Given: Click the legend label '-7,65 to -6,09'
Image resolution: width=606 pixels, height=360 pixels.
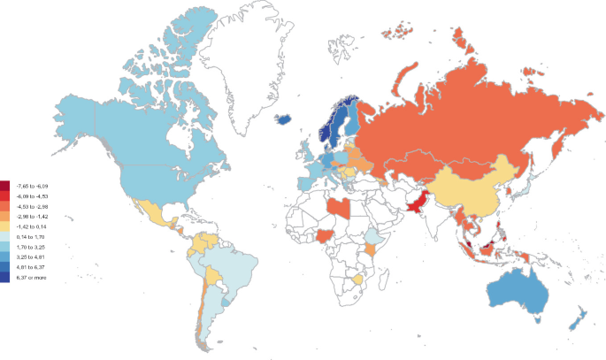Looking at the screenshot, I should click(29, 185).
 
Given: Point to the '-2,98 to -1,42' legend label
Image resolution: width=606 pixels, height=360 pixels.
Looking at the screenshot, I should click(29, 216).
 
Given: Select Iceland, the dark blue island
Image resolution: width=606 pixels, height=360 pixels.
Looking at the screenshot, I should click(286, 120).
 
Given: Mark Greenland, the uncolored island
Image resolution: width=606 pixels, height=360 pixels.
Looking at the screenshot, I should click(257, 53).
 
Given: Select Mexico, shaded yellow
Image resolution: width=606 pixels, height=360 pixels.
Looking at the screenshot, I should click(150, 212).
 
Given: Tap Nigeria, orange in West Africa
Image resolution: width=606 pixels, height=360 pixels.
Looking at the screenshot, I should click(326, 237).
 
